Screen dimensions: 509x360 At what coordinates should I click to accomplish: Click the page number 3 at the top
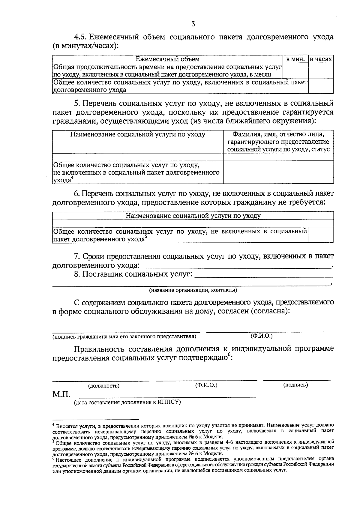click(x=193, y=24)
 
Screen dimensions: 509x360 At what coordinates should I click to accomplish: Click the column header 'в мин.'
click(x=295, y=59)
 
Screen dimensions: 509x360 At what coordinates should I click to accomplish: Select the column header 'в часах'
click(x=321, y=59)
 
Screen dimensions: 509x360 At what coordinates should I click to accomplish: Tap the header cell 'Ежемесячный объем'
click(x=168, y=59)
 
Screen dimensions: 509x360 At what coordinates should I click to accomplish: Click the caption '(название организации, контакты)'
click(x=193, y=290)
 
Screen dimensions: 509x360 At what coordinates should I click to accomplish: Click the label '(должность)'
click(x=103, y=386)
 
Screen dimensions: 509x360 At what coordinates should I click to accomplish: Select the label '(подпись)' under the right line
click(x=295, y=385)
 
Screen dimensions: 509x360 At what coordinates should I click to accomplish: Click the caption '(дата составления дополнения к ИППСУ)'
click(x=127, y=402)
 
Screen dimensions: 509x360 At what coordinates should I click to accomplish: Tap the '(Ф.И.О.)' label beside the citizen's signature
click(x=261, y=336)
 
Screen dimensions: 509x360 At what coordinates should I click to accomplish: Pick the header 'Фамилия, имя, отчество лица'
click(x=278, y=134)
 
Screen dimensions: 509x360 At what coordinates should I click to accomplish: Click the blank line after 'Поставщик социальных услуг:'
click(x=264, y=276)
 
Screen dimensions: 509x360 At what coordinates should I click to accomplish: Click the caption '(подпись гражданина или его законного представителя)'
click(x=124, y=337)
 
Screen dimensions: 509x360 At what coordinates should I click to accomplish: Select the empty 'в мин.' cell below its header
click(x=295, y=71)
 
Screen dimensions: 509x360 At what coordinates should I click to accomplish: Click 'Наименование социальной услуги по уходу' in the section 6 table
click(x=193, y=216)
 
